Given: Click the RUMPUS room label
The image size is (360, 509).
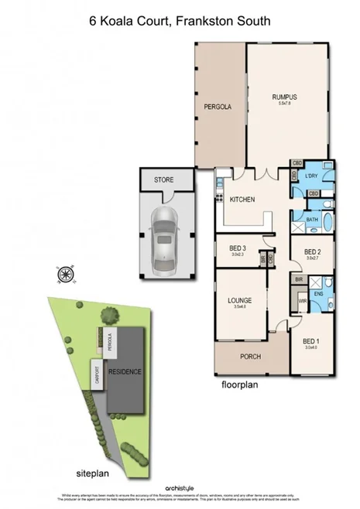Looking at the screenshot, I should click(x=284, y=97).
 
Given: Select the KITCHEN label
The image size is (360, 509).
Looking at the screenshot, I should click(x=242, y=200).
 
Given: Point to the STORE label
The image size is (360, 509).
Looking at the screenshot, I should click(x=163, y=179).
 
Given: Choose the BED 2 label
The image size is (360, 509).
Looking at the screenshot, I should click(x=312, y=251).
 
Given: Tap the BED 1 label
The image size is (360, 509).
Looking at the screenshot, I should click(x=311, y=340).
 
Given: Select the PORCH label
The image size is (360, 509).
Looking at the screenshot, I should click(x=251, y=357).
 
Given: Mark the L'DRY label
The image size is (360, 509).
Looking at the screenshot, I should click(x=312, y=176).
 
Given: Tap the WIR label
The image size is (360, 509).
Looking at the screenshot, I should click(x=303, y=301).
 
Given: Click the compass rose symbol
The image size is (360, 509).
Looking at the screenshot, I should click(x=65, y=275).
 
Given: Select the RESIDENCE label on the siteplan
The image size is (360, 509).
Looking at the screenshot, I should click(x=125, y=371).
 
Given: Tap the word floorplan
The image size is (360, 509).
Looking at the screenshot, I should click(x=238, y=384).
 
